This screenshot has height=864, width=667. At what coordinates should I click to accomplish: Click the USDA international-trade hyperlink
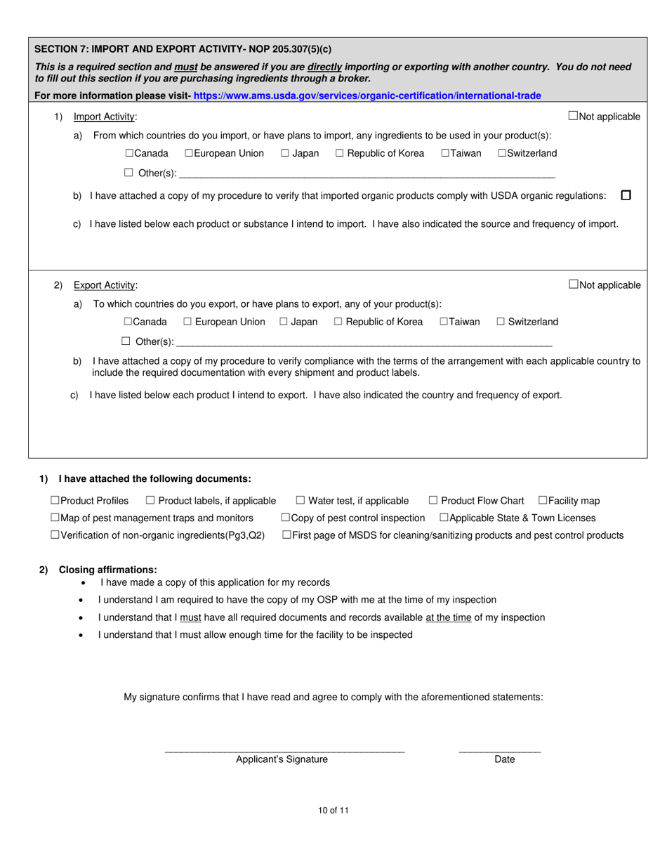pos(366,96)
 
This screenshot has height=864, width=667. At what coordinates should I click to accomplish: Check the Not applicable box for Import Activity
pos(573,116)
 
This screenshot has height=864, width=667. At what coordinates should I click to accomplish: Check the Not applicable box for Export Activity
pos(573,284)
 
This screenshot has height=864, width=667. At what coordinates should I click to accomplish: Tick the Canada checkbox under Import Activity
pos(130,153)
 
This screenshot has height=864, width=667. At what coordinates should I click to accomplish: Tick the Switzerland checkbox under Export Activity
pos(501,322)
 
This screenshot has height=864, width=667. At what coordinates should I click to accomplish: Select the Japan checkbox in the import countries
pos(285,153)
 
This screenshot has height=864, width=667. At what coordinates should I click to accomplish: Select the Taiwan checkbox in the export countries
pos(444,322)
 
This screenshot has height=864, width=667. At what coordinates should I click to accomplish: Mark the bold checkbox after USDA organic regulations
pos(626,195)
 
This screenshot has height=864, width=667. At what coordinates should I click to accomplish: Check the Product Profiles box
pos(55,501)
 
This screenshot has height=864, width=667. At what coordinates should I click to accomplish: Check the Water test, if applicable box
pos(300,501)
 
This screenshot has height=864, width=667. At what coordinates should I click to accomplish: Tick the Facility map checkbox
pos(543,501)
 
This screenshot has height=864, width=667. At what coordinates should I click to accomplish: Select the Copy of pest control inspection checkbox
pos(286,518)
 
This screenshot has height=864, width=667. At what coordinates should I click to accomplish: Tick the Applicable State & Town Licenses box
pos(444,518)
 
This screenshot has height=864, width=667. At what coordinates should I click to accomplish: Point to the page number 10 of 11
pos(333,810)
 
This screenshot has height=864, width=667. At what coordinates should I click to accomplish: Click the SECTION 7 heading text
pos(183,49)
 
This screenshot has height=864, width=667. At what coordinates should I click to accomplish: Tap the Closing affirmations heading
pos(107,570)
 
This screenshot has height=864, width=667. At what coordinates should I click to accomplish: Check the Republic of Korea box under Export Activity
pos(338,322)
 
